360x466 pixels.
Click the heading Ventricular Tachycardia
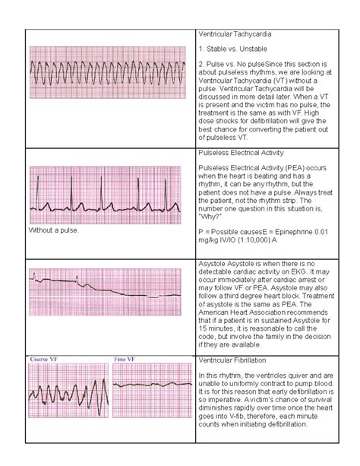(236, 35)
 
